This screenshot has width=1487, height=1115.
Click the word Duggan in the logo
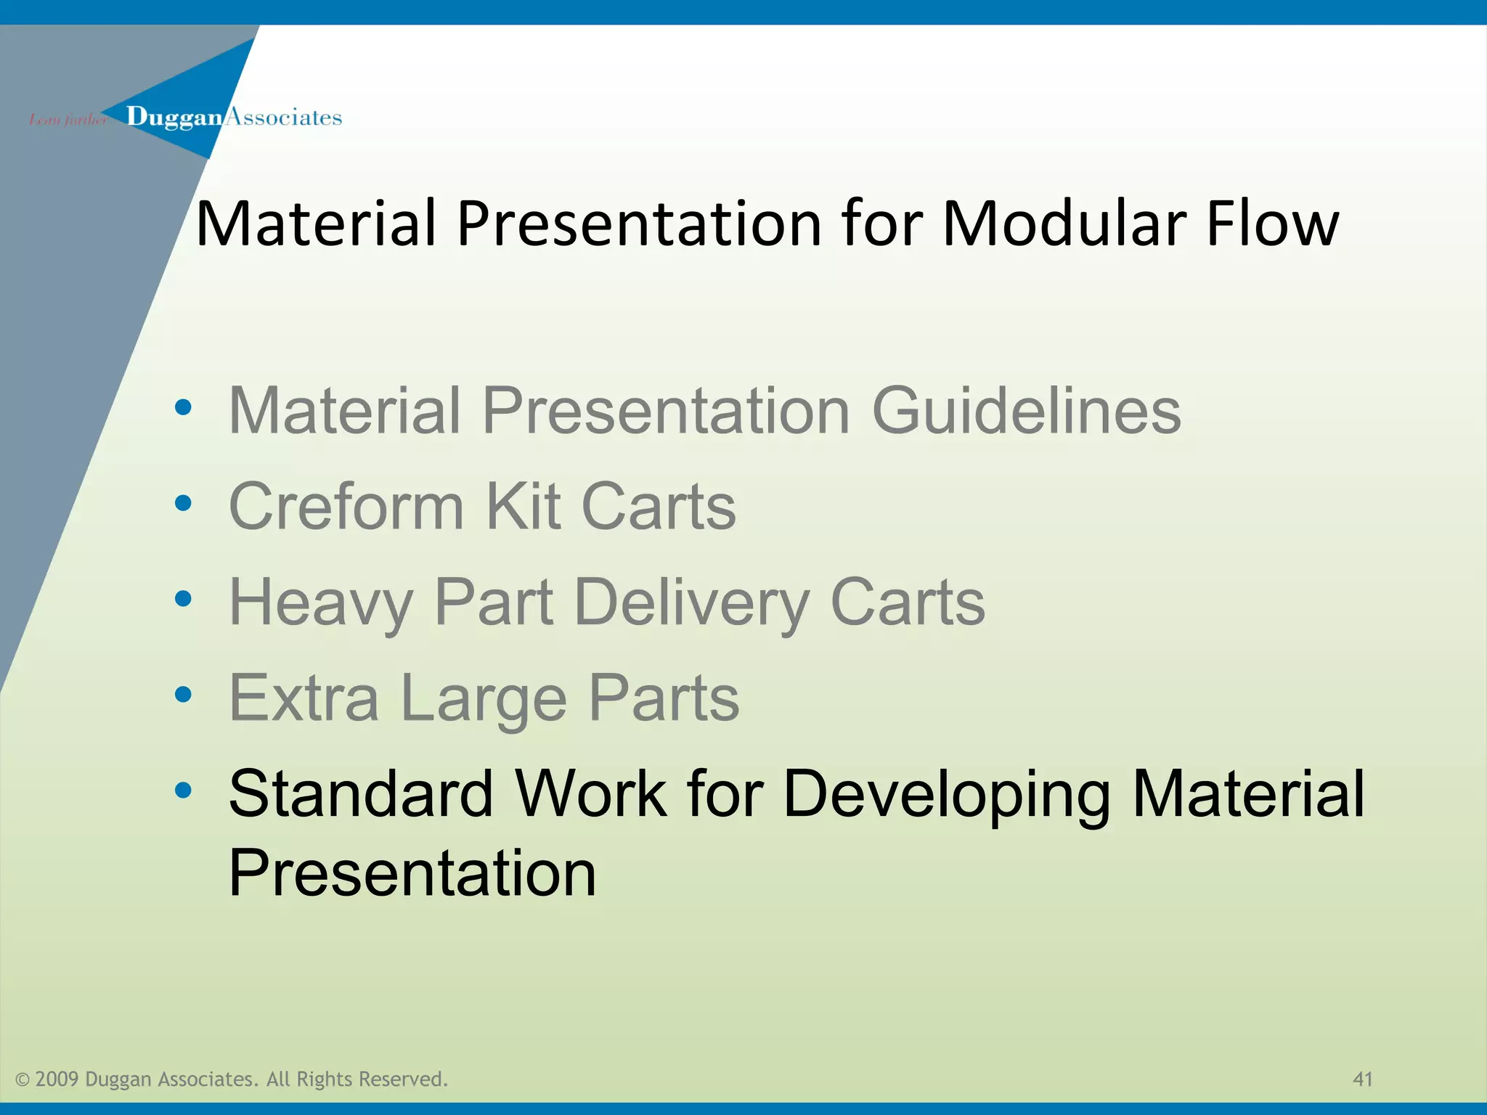174,118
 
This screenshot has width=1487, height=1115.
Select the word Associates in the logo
283,118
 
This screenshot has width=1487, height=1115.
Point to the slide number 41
1363,1079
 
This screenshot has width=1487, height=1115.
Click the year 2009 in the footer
57,1079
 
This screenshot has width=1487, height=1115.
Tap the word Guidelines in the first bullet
1026,411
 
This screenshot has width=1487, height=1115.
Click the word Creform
346,506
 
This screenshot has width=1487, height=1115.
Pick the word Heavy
321,603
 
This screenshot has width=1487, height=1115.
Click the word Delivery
691,603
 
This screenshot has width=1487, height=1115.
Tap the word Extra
303,698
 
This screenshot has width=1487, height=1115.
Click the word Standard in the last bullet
361,793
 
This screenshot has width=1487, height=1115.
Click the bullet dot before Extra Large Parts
183,695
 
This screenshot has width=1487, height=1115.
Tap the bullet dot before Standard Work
183,790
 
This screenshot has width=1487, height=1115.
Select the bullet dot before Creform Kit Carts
183,502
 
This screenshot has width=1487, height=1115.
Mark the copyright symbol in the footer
23,1080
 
